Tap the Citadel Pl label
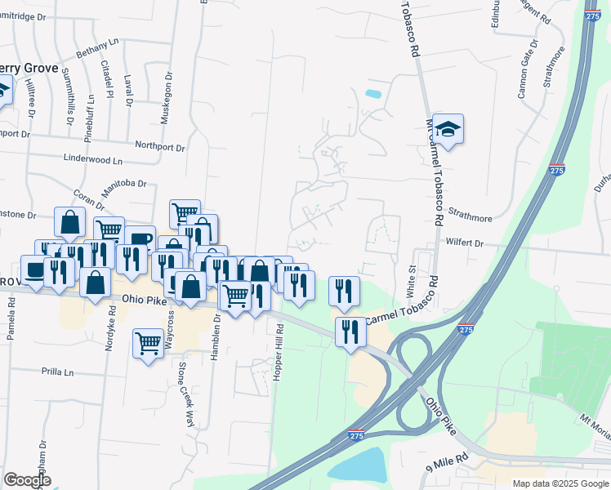[x=106, y=75]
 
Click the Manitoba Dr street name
[x=123, y=189]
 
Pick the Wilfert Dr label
[x=465, y=243]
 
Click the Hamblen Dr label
[x=218, y=333]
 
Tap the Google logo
[x=27, y=480]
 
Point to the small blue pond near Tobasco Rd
[x=373, y=94]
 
